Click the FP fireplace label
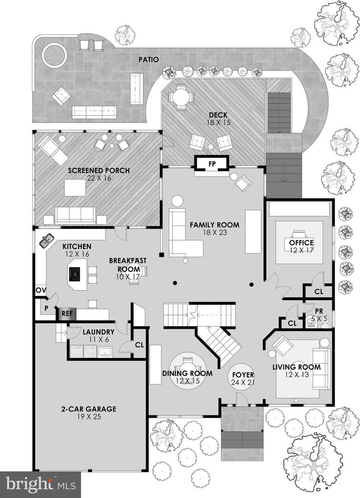212,164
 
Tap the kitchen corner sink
47,240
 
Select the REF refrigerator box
67,314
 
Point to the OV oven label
41,290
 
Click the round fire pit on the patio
54,56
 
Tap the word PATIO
148,59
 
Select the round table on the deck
181,96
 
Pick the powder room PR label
319,311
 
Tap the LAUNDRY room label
98,332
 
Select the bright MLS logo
40,485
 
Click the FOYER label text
243,375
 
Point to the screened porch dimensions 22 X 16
99,178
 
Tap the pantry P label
46,308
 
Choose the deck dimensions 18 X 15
218,123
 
